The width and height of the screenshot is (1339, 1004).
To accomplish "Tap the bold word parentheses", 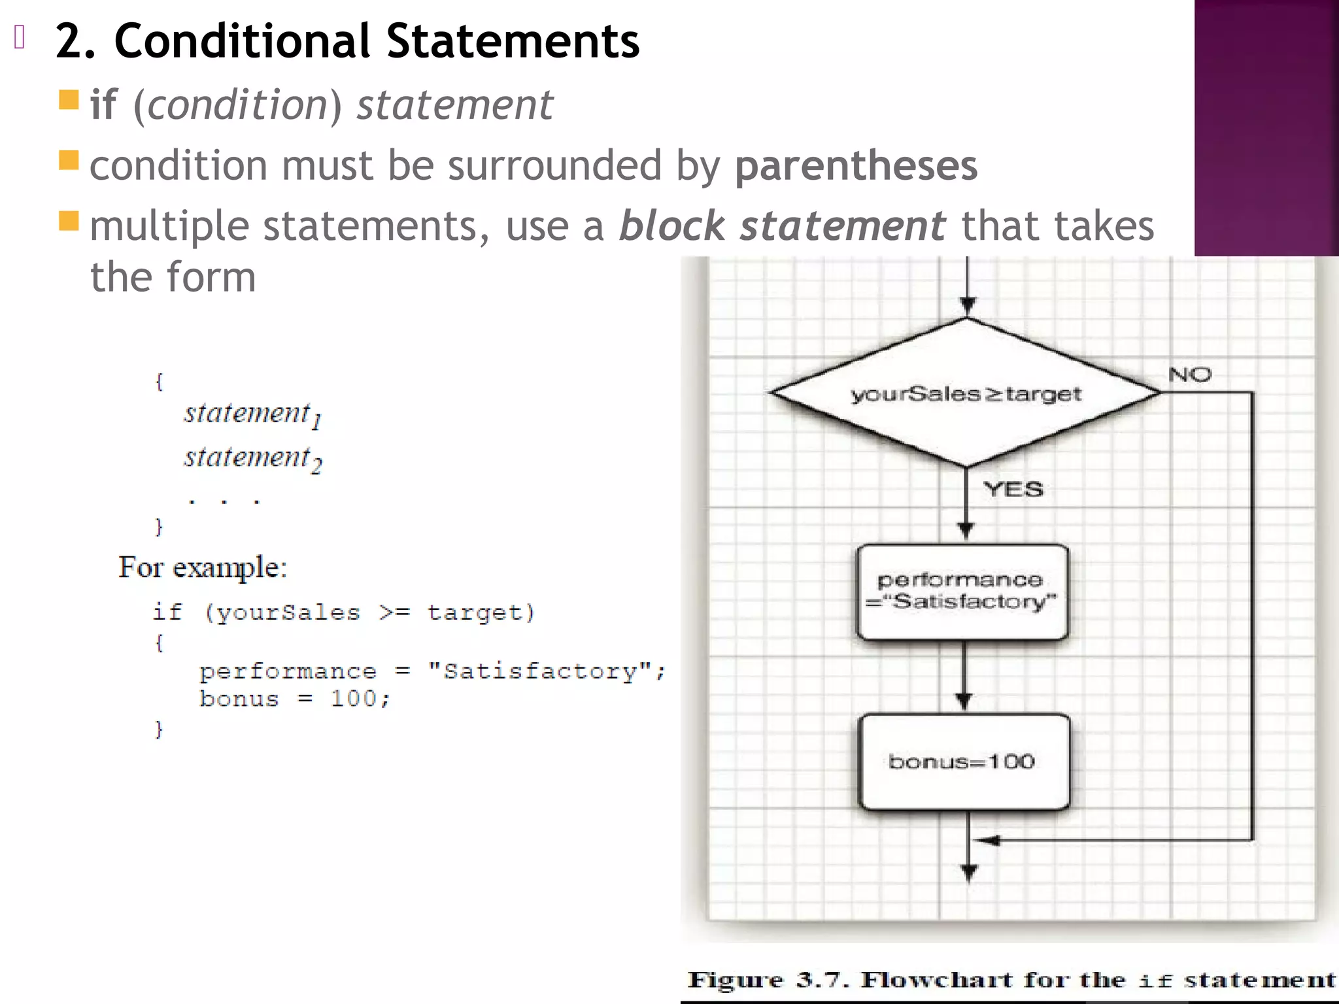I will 856,165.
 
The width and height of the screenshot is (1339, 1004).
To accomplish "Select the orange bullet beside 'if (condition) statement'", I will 69,100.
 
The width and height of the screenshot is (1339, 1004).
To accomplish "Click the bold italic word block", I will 671,226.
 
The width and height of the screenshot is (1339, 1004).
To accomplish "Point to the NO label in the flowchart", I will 1189,375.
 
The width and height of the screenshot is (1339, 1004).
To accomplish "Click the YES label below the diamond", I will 1013,489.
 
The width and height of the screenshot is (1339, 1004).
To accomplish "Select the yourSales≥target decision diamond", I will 966,393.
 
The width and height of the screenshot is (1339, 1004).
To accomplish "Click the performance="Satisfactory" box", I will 962,592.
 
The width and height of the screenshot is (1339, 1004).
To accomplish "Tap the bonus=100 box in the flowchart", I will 964,762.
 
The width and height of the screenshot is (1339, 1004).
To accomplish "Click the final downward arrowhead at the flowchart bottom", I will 969,873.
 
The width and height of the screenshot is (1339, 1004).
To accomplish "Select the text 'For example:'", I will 203,567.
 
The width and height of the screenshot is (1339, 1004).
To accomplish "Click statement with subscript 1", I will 252,414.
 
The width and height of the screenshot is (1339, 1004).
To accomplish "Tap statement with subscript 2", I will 252,458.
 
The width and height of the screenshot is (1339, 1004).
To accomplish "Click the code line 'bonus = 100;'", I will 295,699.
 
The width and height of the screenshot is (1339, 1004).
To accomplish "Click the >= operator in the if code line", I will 394,612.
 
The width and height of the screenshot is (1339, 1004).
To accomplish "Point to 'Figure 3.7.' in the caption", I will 768,980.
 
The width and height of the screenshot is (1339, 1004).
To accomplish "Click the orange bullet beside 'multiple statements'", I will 69,221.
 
